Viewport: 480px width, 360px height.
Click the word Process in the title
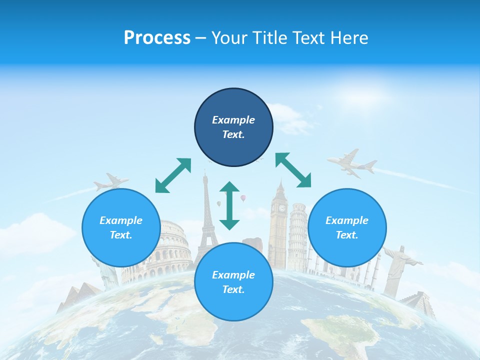pyautogui.click(x=157, y=38)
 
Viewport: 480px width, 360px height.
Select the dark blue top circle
pyautogui.click(x=233, y=127)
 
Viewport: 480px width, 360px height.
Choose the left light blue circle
pyautogui.click(x=121, y=227)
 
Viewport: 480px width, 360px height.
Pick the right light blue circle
pyautogui.click(x=347, y=227)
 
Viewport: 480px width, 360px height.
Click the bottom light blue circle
pyautogui.click(x=233, y=282)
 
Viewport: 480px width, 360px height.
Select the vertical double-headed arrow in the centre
pyautogui.click(x=229, y=205)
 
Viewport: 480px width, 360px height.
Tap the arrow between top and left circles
pyautogui.click(x=173, y=175)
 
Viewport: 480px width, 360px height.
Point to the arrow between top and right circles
pyautogui.click(x=293, y=170)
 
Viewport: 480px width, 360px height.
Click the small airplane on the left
pyautogui.click(x=111, y=182)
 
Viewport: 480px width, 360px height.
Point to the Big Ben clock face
pyautogui.click(x=282, y=208)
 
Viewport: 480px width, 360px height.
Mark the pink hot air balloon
pyautogui.click(x=243, y=198)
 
